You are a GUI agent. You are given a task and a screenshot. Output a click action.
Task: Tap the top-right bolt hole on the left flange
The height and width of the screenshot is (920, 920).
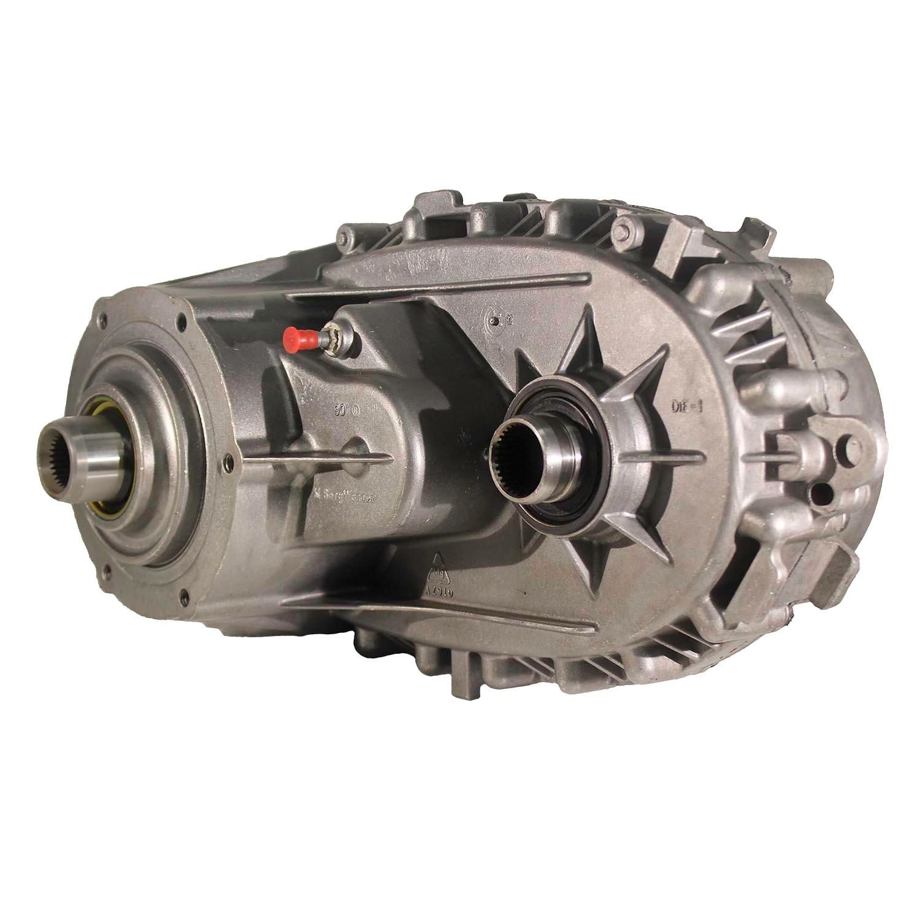click(182, 319)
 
